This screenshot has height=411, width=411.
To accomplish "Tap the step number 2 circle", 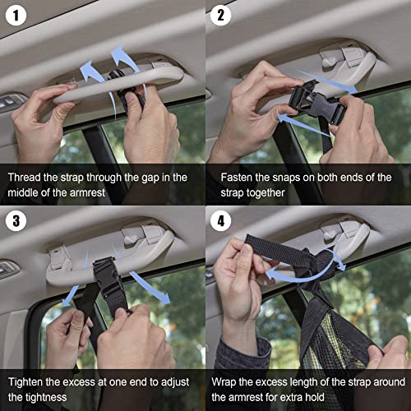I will (220, 15).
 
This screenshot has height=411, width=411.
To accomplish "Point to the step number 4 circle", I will (220, 220).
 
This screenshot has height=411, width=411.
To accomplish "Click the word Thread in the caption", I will (28, 177).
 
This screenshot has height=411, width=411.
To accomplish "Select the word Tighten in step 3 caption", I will (30, 382).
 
